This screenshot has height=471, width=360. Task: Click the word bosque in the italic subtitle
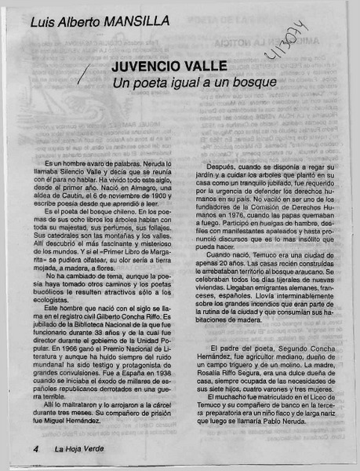255,82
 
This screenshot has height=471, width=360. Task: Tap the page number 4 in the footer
36,450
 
